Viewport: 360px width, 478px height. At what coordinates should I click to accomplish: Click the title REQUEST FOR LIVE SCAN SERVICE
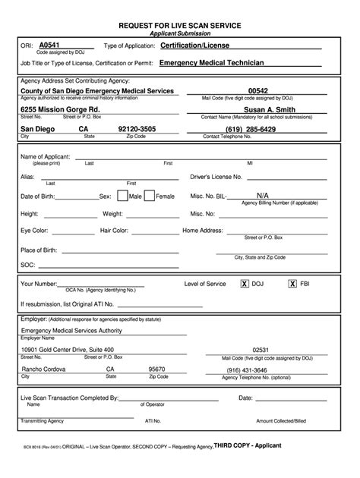click(180, 25)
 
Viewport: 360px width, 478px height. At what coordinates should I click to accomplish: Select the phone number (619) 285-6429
click(261, 129)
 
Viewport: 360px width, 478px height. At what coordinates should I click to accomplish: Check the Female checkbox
click(149, 195)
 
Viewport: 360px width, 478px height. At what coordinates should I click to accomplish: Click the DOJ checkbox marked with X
click(244, 284)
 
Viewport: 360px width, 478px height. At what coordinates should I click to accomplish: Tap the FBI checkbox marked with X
click(292, 284)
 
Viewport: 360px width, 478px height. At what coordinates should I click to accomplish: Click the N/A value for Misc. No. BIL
click(263, 195)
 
